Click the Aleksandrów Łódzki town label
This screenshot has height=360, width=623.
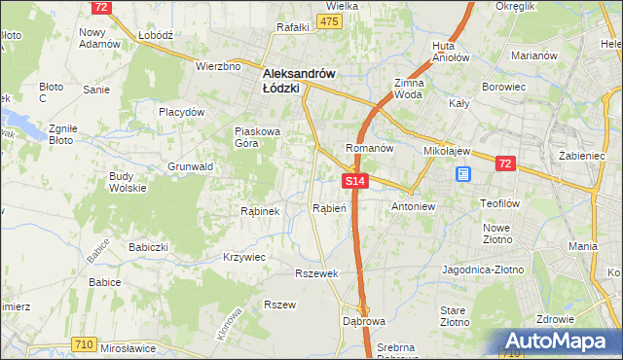299,80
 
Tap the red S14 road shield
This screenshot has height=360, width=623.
355,181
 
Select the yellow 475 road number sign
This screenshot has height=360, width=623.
329,22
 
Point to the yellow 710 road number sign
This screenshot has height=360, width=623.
83,345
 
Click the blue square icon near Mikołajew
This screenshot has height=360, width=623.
463,174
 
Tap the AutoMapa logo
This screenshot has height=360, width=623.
558,342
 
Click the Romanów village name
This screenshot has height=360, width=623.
369,148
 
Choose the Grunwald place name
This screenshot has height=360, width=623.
190,166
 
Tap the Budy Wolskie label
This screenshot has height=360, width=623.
128,183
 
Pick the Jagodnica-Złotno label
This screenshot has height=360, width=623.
484,268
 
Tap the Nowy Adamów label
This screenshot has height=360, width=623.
99,38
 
